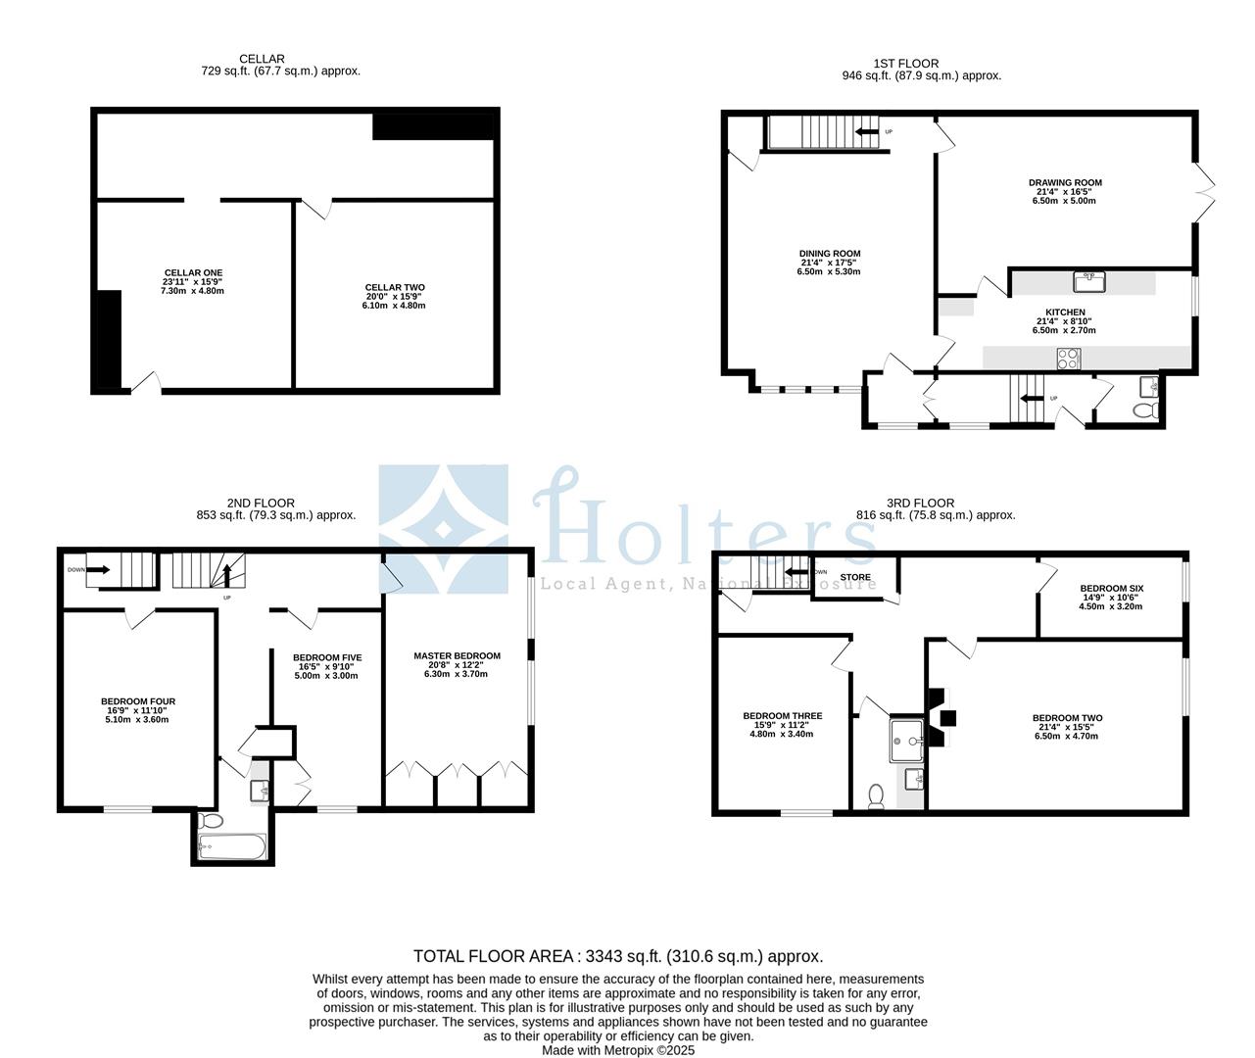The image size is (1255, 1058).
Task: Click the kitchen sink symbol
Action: click(1088, 282)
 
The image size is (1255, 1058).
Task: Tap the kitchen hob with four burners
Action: click(1068, 360)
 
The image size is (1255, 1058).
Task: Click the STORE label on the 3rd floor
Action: click(855, 578)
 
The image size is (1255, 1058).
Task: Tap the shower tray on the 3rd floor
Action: click(908, 741)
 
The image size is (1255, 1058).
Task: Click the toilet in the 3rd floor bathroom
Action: click(877, 796)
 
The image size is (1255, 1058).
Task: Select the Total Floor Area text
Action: click(617, 956)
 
